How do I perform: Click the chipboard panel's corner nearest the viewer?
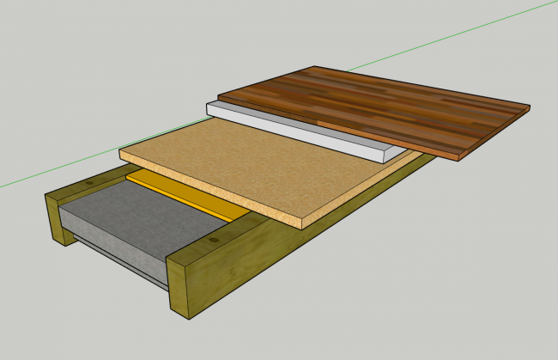[301, 228]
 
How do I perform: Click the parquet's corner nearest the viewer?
[455, 159]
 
